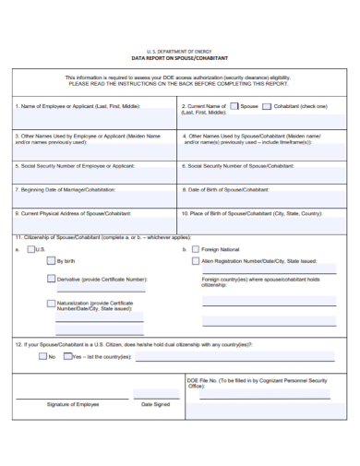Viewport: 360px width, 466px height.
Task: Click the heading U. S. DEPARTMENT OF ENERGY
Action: click(180, 52)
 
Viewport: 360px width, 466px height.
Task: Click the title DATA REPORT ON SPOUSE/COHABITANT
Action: click(180, 58)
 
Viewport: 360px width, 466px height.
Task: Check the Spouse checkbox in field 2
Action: click(234, 106)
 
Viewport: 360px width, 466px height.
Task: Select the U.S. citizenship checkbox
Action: click(31, 249)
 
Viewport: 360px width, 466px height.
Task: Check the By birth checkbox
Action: click(52, 261)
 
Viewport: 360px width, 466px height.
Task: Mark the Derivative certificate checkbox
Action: click(52, 278)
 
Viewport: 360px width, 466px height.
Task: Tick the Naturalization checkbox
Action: click(52, 303)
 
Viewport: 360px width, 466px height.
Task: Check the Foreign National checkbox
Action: click(195, 249)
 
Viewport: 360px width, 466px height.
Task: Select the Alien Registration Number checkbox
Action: click(195, 261)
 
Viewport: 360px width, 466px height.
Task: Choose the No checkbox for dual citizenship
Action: click(41, 356)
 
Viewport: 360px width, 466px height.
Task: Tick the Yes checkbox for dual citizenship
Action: click(66, 356)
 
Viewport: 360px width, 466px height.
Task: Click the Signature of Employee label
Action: click(73, 403)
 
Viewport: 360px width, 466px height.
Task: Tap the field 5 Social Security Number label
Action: click(75, 166)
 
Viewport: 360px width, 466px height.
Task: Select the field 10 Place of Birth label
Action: click(252, 212)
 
